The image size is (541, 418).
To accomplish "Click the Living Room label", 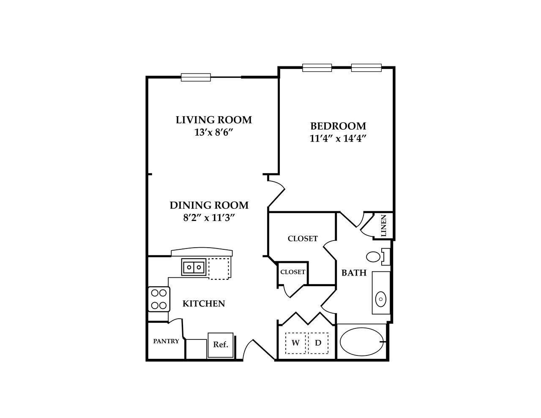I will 213,120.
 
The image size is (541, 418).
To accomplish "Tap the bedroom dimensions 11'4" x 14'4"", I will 337,139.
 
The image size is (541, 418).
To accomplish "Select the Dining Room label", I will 209,205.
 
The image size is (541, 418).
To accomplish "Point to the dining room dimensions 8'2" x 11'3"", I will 209,218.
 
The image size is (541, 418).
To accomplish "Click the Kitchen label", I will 203,303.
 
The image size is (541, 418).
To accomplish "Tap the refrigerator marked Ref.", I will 221,345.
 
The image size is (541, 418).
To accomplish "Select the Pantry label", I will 166,341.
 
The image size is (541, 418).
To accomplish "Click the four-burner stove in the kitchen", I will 158,299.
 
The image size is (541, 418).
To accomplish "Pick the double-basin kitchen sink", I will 194,267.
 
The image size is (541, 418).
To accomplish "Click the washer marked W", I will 296,343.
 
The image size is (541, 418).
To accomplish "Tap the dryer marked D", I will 318,343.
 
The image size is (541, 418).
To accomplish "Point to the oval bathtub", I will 362,342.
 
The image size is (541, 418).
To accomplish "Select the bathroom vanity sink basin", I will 381,299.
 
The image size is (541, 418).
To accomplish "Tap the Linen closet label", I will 384,225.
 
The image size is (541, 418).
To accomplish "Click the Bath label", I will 354,273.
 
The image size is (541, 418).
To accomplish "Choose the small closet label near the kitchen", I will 292,272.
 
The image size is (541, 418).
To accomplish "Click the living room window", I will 196,77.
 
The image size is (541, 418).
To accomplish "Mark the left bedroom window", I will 317,68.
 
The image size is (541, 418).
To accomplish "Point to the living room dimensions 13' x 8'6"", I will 214,132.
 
